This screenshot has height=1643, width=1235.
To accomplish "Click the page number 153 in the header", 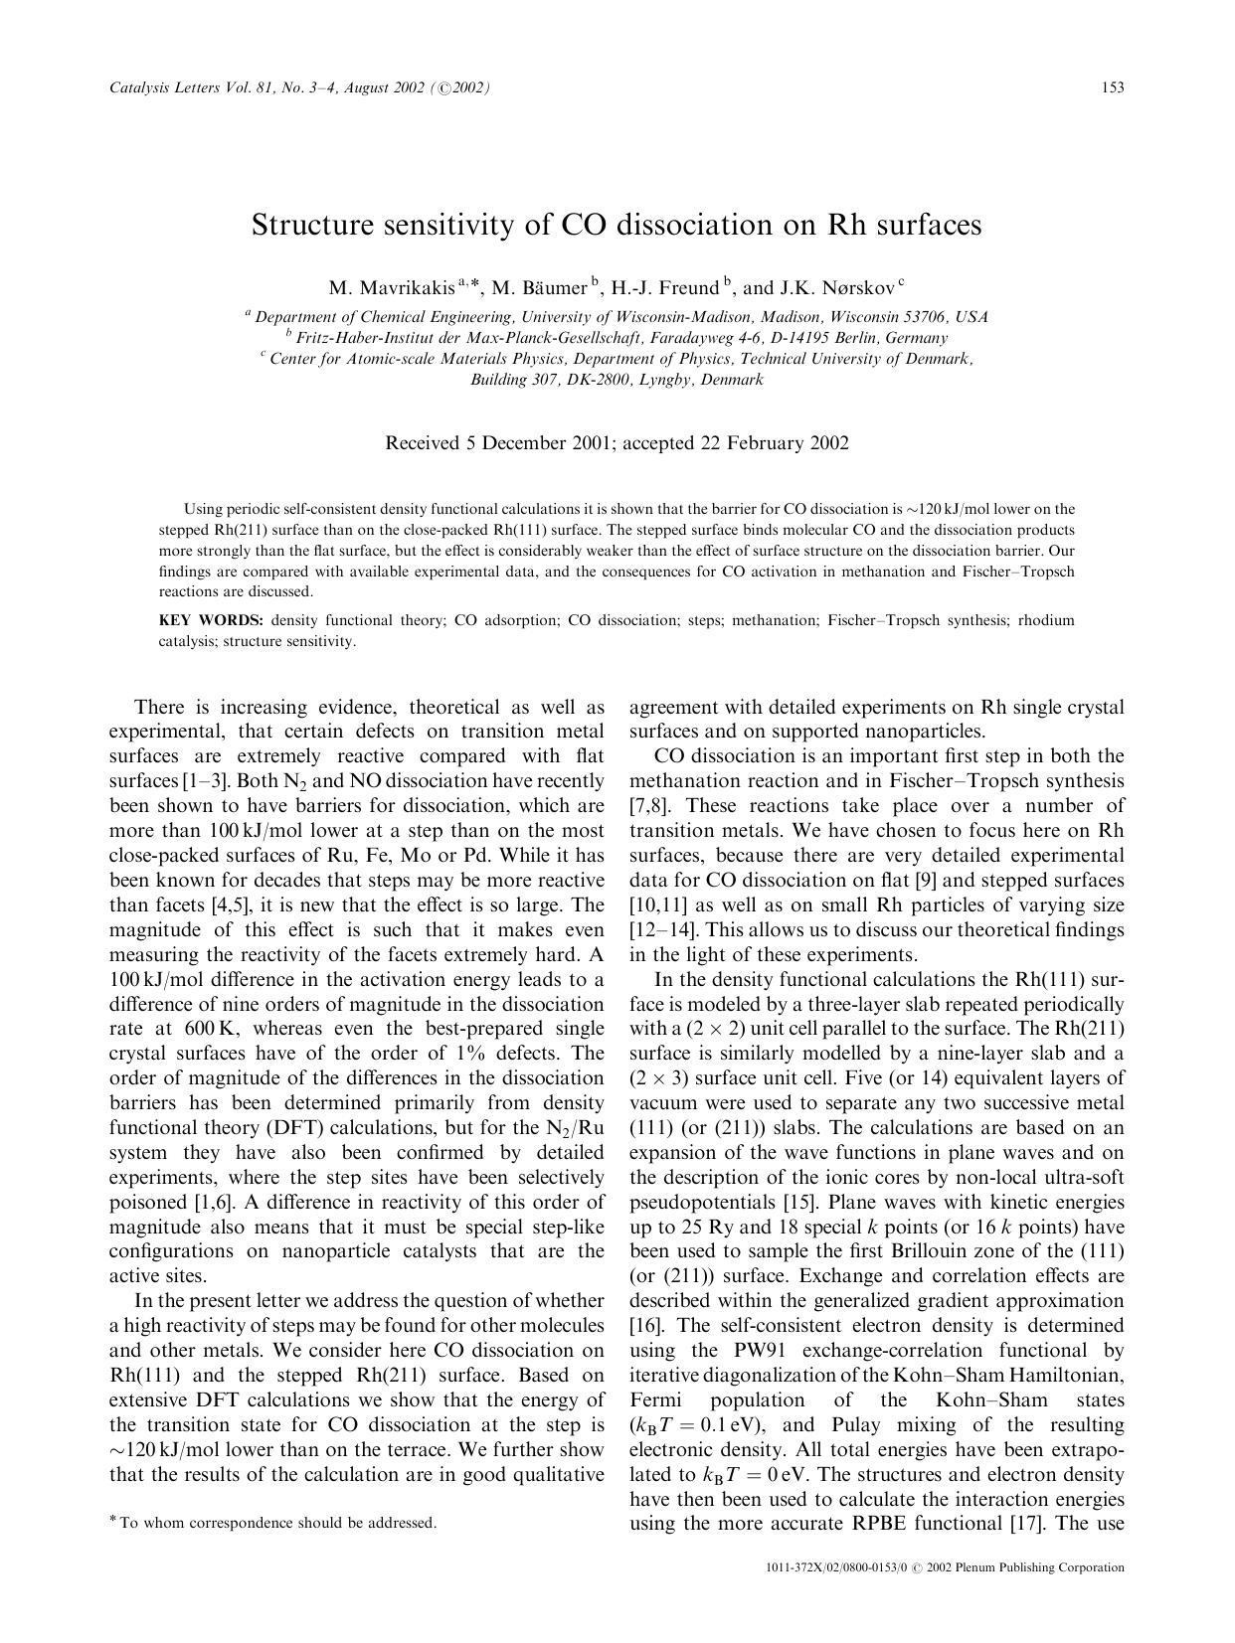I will (1113, 87).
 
